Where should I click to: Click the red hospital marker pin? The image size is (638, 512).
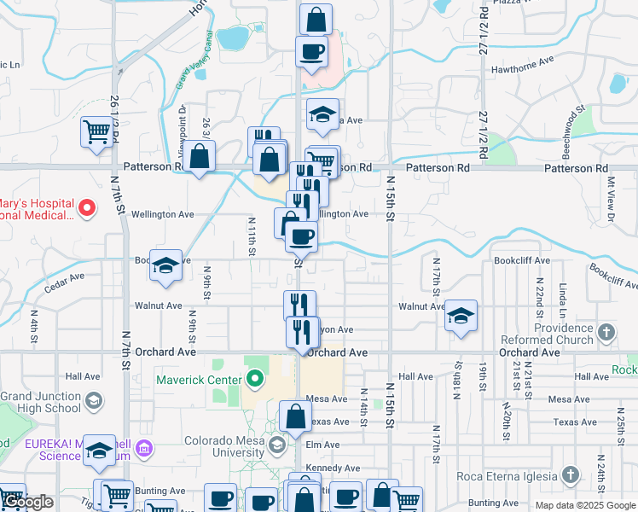coord(86,207)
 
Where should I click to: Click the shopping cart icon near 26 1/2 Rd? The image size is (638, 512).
coord(97,133)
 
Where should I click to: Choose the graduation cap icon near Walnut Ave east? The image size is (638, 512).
coord(461,316)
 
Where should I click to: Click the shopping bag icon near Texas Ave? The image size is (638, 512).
coord(295,417)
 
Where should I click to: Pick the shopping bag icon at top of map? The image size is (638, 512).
coord(316,19)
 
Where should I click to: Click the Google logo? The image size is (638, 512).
coord(28,502)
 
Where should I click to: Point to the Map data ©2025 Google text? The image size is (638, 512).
coord(584,505)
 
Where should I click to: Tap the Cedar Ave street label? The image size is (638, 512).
coord(65,277)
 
